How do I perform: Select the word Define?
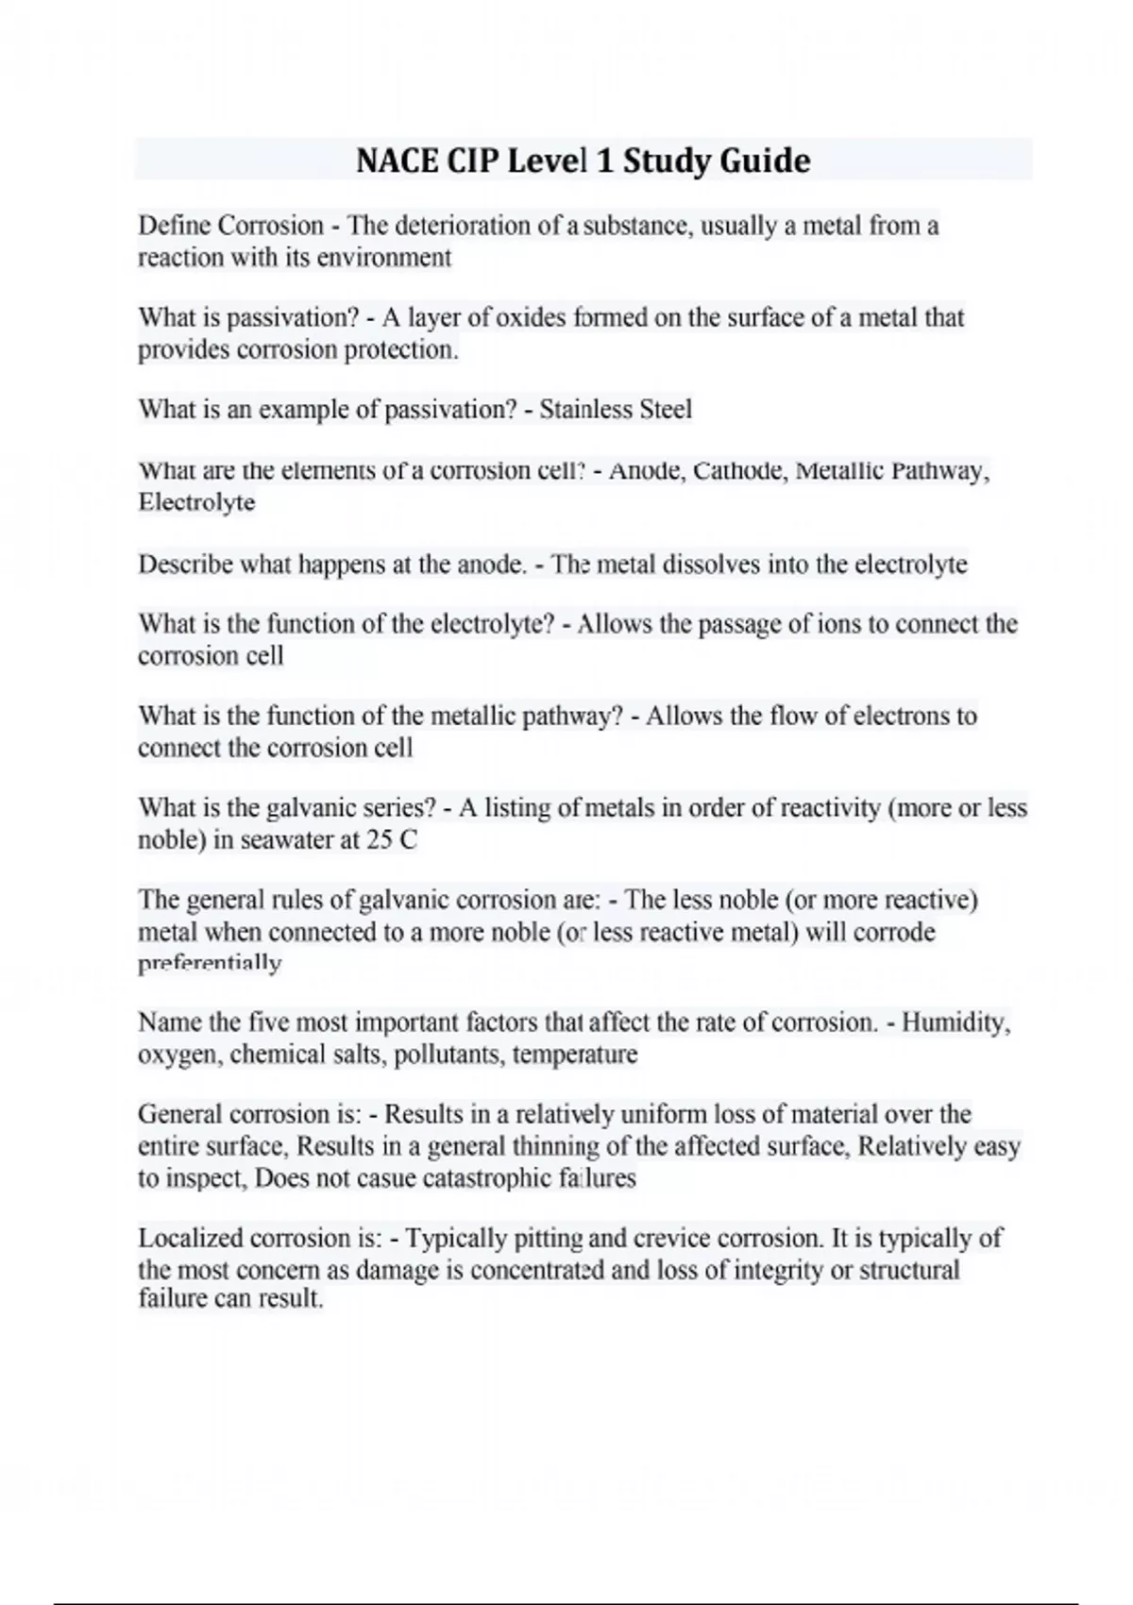(175, 226)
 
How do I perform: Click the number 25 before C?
(380, 839)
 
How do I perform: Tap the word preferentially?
(210, 963)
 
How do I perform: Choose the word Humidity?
(955, 1022)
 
